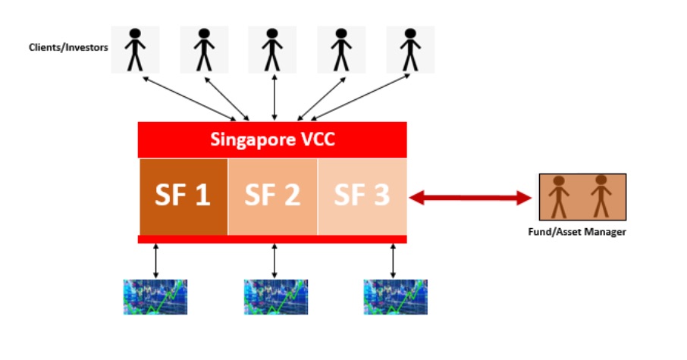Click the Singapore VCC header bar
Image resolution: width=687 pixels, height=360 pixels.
pos(272,139)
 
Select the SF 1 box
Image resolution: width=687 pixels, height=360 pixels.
pos(183,196)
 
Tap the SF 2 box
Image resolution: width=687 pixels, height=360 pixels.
pos(272,196)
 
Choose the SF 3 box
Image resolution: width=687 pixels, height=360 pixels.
pos(362,196)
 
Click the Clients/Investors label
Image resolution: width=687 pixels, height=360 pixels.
pos(68,47)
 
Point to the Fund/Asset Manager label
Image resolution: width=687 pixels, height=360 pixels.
pos(582,232)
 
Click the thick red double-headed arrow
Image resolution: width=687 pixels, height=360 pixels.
pos(471,198)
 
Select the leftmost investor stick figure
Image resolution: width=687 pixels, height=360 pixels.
pos(136,49)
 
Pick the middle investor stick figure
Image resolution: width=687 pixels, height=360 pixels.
pos(274,49)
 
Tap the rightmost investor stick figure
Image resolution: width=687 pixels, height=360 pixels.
pos(410,49)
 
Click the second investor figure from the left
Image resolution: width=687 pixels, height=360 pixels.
pos(204,49)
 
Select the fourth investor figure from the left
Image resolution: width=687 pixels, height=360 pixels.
pos(341,49)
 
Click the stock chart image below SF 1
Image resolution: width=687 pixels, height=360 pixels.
pos(155,297)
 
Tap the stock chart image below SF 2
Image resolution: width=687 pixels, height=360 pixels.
pos(274,297)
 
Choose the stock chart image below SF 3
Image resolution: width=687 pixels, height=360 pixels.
pos(393,297)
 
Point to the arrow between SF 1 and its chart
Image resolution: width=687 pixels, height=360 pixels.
pos(155,261)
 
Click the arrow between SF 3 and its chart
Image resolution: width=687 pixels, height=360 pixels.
pos(393,261)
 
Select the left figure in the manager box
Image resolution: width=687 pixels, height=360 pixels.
pos(560,197)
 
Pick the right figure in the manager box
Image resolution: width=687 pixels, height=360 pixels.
pos(601,196)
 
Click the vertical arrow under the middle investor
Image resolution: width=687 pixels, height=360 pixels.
pos(274,97)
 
